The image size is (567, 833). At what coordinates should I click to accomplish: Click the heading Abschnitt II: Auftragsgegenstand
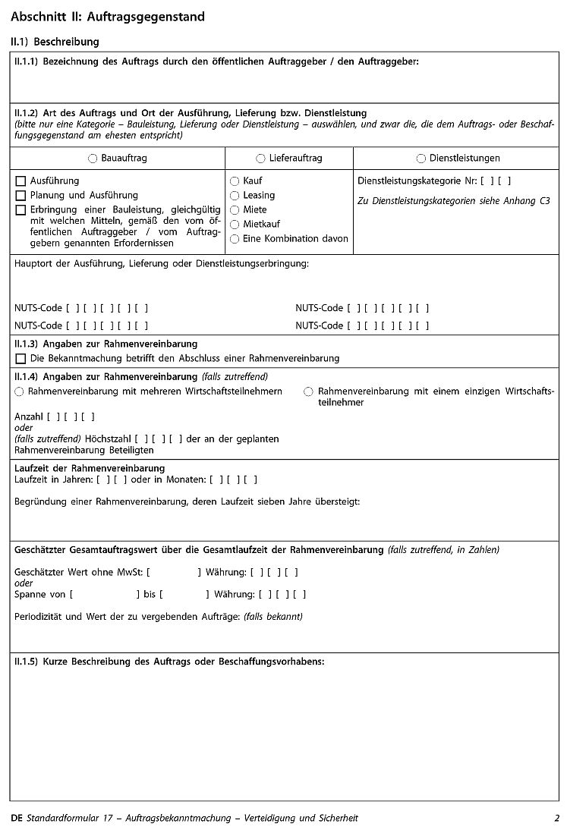(x=108, y=17)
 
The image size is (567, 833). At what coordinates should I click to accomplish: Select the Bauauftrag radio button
(x=93, y=159)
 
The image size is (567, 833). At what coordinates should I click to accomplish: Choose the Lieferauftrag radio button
(x=261, y=159)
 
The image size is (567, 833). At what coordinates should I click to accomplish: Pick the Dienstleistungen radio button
(x=421, y=159)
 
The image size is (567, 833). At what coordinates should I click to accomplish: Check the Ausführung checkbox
(x=20, y=181)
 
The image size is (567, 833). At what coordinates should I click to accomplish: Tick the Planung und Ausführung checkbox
(x=20, y=196)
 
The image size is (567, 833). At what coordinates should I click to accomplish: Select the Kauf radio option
(x=235, y=181)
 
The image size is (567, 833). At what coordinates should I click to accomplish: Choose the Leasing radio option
(x=235, y=196)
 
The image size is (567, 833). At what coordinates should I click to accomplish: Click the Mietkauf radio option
(x=235, y=225)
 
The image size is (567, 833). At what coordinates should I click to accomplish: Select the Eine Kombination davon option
(x=235, y=239)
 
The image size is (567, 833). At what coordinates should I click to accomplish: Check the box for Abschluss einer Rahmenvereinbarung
(x=20, y=358)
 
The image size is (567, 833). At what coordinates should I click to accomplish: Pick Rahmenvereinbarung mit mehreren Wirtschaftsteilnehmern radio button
(x=19, y=391)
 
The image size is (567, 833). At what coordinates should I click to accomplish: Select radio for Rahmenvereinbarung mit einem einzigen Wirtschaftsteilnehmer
(x=308, y=391)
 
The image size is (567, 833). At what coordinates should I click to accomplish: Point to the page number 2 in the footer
(x=556, y=818)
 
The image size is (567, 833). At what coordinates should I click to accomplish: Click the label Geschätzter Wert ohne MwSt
(x=79, y=572)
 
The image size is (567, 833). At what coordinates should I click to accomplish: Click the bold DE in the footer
(x=17, y=818)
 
